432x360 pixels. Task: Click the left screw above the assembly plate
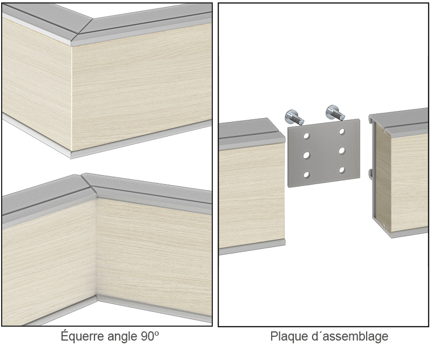[x=294, y=117]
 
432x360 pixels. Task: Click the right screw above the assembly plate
[x=335, y=112]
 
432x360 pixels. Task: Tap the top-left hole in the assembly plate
[x=306, y=136]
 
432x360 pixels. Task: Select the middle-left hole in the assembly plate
[x=306, y=155]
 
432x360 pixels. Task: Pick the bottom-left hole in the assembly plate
[x=306, y=175]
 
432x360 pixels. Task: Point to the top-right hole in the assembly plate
[x=342, y=131]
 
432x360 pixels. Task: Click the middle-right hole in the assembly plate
[x=342, y=151]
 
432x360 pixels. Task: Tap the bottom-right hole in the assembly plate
[x=342, y=170]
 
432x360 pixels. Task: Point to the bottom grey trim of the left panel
[x=252, y=248]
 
